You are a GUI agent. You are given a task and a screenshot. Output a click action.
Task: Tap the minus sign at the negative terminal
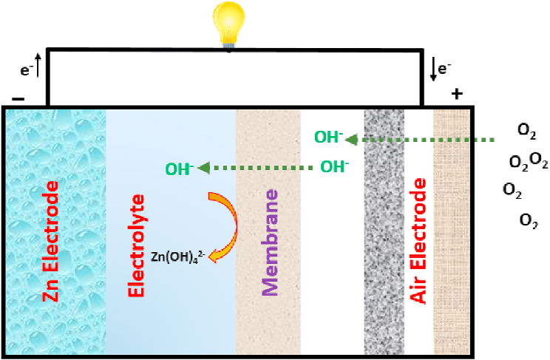pyautogui.click(x=18, y=99)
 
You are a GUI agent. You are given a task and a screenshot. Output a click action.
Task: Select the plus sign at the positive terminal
pyautogui.click(x=456, y=94)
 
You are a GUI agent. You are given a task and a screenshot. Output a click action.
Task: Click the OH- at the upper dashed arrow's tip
pyautogui.click(x=328, y=137)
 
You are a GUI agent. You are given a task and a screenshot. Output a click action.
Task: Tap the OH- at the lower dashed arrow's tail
pyautogui.click(x=334, y=167)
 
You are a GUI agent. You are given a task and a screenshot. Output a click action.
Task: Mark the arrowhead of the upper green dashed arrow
pyautogui.click(x=353, y=139)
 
